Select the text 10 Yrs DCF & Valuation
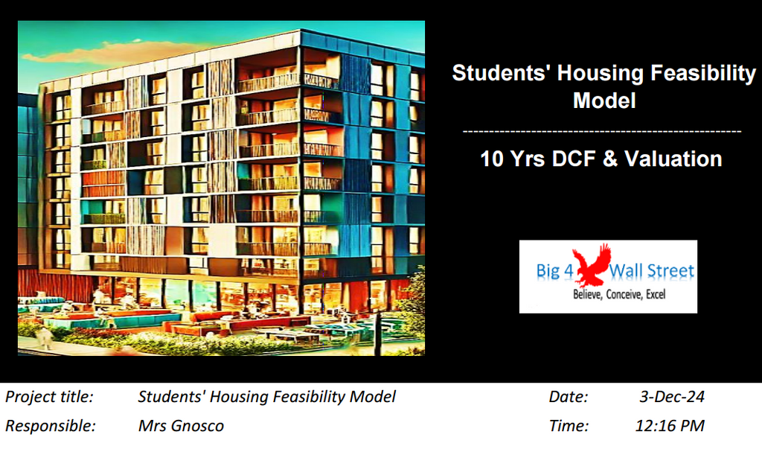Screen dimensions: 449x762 click(601, 159)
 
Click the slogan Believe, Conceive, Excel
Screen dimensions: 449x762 click(618, 295)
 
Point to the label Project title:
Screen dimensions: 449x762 click(49, 397)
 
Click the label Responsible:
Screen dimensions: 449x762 click(51, 426)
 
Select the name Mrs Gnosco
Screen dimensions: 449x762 click(181, 426)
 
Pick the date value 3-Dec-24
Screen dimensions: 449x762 click(672, 397)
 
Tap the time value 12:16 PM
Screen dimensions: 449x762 click(670, 426)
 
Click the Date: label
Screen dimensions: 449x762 click(569, 397)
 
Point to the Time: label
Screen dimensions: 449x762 click(569, 426)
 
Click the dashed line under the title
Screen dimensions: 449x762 click(602, 131)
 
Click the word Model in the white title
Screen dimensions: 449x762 click(604, 100)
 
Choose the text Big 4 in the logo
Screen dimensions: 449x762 click(555, 271)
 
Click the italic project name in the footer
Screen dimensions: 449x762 click(266, 397)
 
